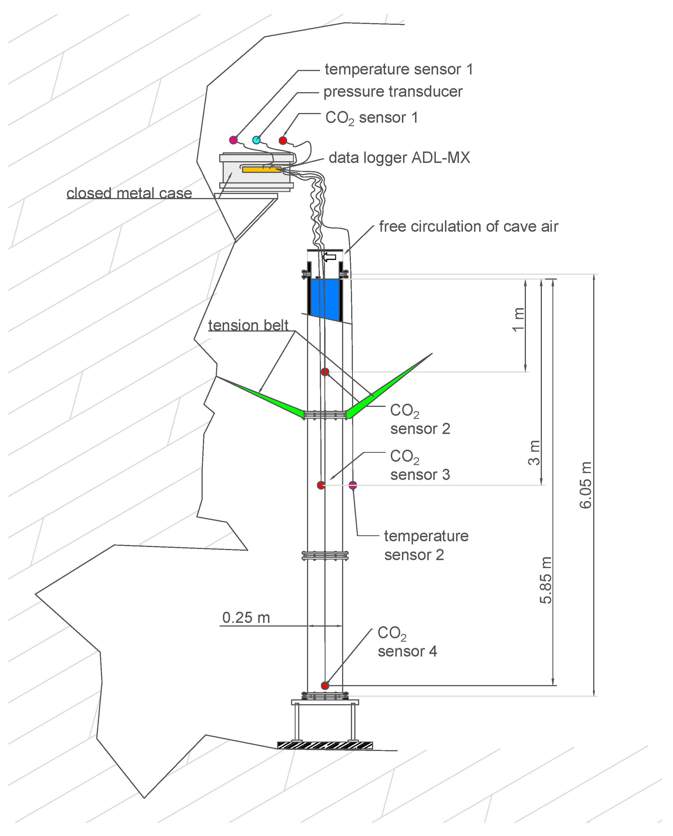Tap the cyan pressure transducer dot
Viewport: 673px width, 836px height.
[256, 140]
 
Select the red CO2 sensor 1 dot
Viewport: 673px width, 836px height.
[283, 140]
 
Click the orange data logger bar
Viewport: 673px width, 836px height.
[262, 169]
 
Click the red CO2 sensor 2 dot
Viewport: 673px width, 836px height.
[325, 372]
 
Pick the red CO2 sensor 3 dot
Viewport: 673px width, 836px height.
[321, 485]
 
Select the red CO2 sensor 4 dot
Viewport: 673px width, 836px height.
[325, 686]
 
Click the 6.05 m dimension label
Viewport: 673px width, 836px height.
[586, 485]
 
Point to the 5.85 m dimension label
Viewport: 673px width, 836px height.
[546, 580]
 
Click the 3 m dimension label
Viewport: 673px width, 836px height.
[534, 453]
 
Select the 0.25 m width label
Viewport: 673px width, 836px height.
[246, 618]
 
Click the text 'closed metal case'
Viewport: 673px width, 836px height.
[129, 193]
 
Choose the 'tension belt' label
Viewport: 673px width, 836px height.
[248, 325]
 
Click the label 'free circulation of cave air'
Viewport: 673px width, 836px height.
[468, 226]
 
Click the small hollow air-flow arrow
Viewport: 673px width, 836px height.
[329, 257]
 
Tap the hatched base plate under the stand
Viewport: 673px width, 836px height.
[325, 745]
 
